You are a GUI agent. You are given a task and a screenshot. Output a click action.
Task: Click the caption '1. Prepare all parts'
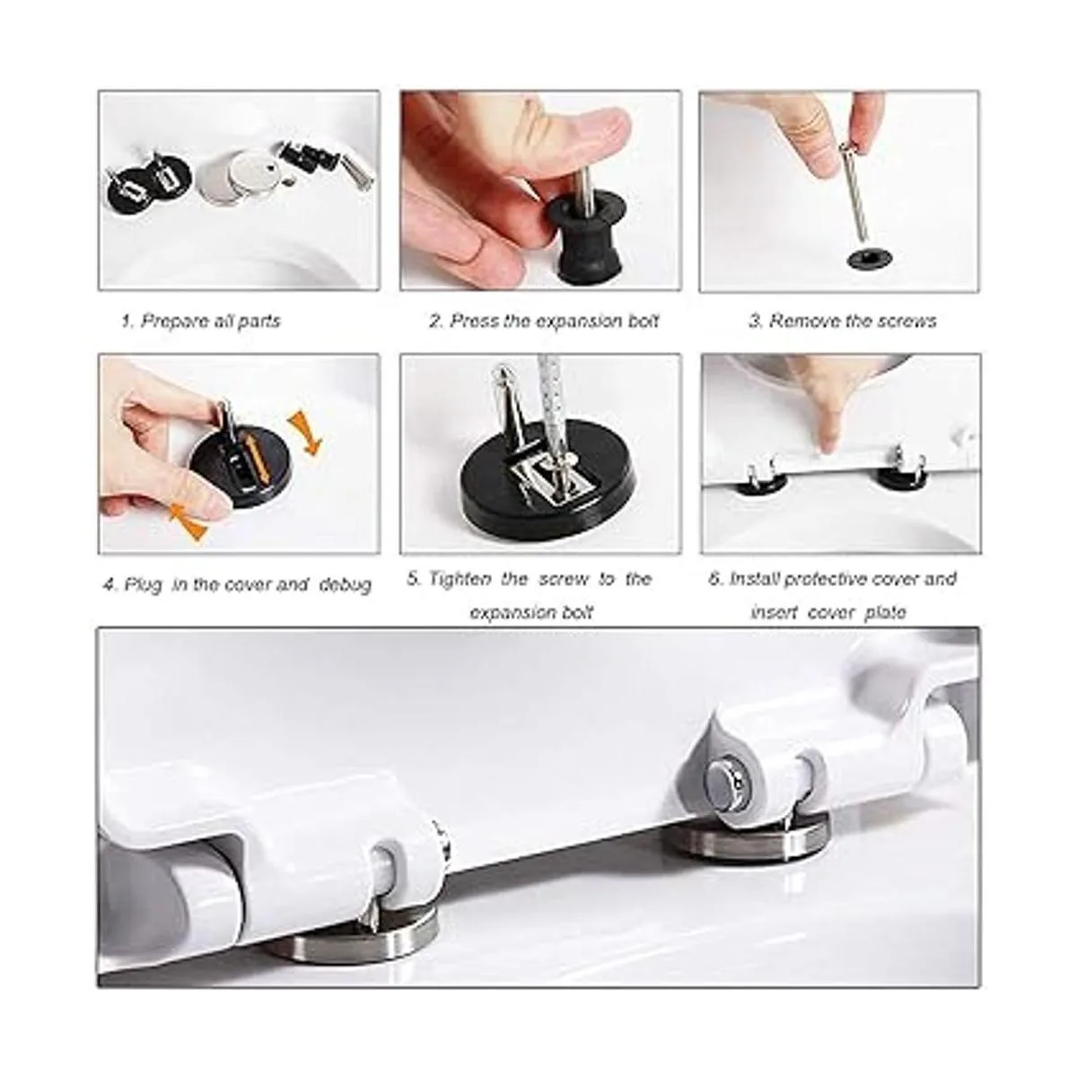click(201, 321)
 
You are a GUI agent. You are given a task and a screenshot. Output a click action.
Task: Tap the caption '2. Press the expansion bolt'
click(545, 321)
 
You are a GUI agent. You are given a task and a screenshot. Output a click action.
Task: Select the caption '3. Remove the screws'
click(843, 321)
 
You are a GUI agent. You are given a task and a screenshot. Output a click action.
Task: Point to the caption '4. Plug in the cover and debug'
click(237, 585)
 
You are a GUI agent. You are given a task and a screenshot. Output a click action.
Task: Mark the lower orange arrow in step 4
click(188, 521)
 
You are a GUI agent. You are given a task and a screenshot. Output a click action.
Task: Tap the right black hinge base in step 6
click(901, 476)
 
